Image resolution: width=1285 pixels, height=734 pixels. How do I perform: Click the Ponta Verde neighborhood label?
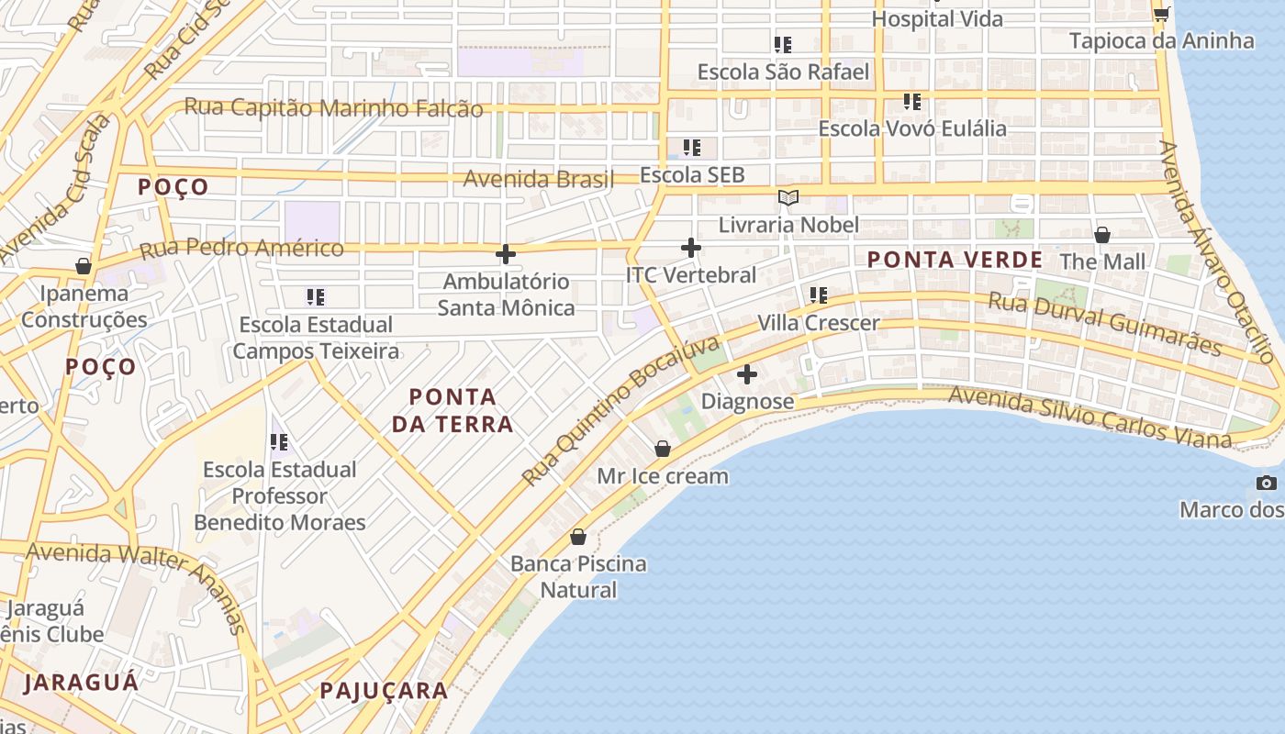(955, 260)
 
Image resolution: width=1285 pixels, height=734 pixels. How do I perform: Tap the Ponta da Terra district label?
(453, 410)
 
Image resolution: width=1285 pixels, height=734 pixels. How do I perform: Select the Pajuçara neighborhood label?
(384, 691)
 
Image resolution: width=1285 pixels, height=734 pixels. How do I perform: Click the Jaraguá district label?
(81, 682)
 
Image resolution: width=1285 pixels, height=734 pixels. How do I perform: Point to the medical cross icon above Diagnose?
(747, 374)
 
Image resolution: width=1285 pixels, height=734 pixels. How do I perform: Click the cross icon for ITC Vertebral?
(691, 248)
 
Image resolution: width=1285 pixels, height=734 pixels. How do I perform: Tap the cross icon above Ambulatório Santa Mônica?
(506, 254)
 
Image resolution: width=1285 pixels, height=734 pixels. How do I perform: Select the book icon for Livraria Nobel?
(788, 197)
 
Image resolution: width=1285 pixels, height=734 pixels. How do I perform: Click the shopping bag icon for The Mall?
(1102, 235)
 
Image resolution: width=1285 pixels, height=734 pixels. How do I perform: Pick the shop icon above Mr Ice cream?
(663, 449)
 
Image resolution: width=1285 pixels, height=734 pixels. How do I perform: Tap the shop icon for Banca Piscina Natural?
(578, 537)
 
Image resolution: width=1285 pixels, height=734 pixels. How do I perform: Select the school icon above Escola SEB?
(692, 147)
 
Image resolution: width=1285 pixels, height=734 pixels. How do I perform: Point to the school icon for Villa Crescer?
(818, 295)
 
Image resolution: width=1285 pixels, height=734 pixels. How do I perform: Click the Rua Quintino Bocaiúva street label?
(621, 410)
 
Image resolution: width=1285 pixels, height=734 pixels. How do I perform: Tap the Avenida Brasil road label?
(539, 179)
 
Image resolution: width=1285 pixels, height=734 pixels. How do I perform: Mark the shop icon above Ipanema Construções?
(84, 266)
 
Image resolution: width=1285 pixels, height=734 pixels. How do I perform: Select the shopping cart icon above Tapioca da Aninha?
(1161, 13)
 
